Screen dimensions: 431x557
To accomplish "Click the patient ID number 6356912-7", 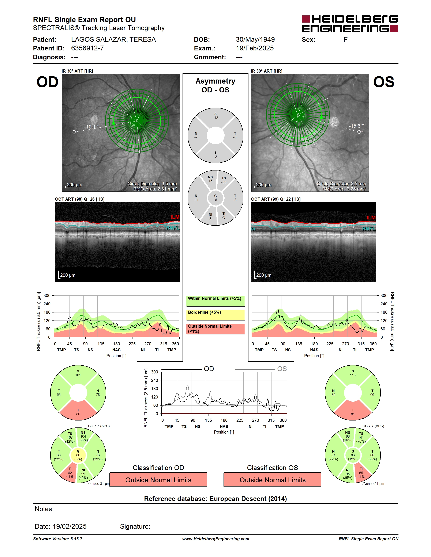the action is tap(87, 48).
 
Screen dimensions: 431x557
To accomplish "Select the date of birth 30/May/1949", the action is tap(255, 39).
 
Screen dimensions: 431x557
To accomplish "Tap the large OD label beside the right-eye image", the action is tap(48, 82).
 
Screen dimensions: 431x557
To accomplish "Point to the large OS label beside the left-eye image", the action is tap(383, 82).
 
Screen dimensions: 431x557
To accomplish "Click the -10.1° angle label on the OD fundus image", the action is tap(92, 127).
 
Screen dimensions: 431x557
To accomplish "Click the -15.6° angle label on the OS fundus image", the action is tap(356, 126).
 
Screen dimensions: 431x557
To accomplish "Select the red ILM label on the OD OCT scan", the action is tap(175, 217).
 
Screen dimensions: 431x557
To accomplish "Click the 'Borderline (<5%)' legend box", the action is tap(215, 315).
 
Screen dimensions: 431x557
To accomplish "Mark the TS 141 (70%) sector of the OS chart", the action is tap(361, 438).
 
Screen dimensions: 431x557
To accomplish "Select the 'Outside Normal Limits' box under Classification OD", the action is tap(158, 480).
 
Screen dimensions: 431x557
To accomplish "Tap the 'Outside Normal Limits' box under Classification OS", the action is tap(273, 480).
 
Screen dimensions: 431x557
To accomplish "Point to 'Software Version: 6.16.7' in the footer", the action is tap(58, 539).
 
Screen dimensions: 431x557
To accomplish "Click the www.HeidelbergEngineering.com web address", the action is tap(215, 539).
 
